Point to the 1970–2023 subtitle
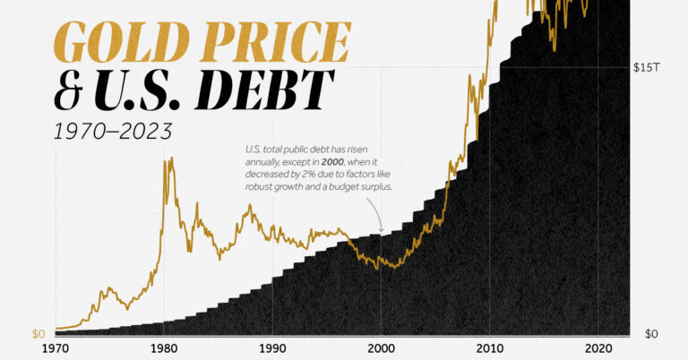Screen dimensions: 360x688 tap(113, 132)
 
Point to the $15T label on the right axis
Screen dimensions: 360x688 tap(647, 67)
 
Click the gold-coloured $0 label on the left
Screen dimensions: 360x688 tap(39, 334)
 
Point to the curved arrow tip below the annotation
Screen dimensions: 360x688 tap(381, 232)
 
